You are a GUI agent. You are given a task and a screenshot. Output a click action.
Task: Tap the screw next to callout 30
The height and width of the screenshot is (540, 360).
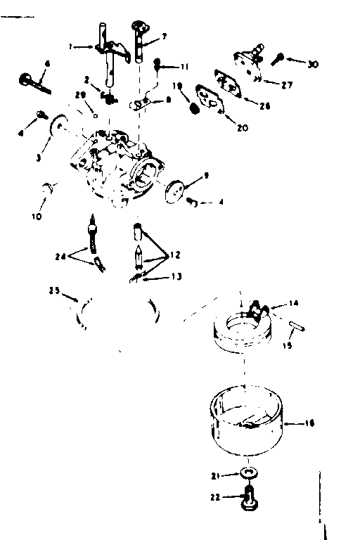click(x=279, y=58)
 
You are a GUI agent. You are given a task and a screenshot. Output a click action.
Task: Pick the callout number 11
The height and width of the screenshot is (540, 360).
click(x=185, y=67)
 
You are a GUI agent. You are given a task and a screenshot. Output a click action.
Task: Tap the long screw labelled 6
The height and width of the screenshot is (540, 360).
click(x=32, y=81)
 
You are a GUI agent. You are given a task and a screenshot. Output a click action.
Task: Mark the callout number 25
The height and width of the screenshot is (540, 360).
click(x=53, y=290)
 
